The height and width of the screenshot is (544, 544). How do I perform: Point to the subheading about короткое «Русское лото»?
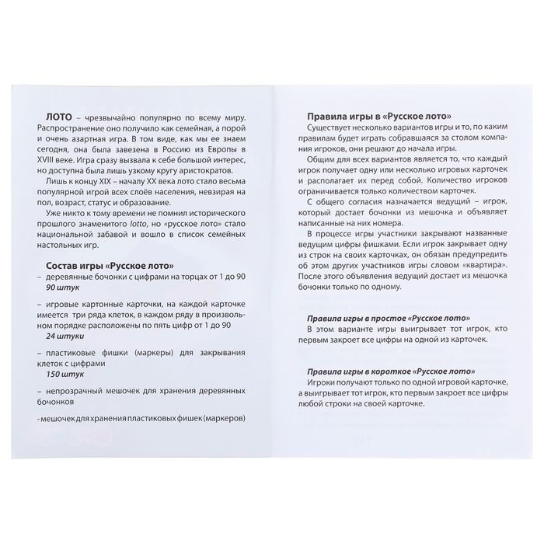[x=376, y=371]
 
